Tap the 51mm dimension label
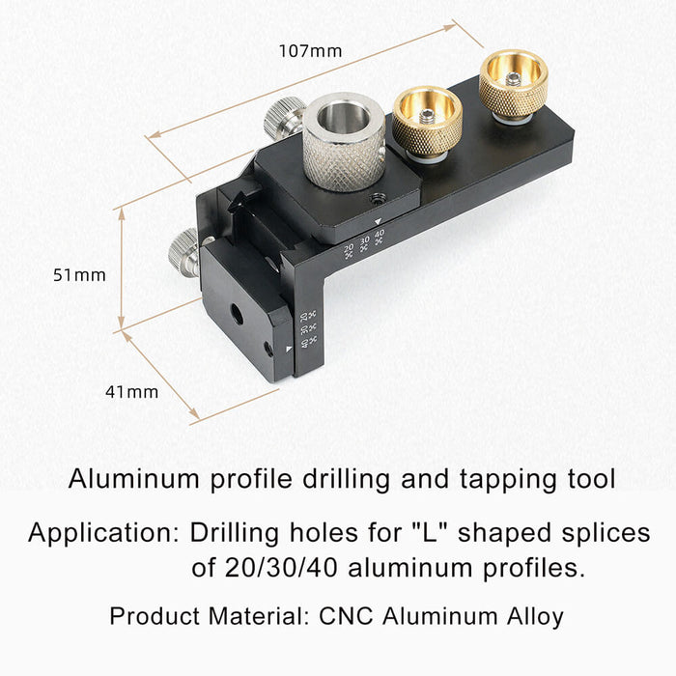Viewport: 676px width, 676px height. pyautogui.click(x=79, y=275)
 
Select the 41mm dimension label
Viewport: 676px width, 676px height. pyautogui.click(x=132, y=391)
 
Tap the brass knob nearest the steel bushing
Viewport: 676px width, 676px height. pyautogui.click(x=426, y=121)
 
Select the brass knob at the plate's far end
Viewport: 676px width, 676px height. pyautogui.click(x=513, y=85)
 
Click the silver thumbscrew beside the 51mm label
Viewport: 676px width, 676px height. pyautogui.click(x=183, y=253)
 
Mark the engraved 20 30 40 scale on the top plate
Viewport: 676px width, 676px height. pyautogui.click(x=364, y=245)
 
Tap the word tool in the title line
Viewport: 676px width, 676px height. pyautogui.click(x=589, y=479)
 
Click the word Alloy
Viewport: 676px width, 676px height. pyautogui.click(x=534, y=616)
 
